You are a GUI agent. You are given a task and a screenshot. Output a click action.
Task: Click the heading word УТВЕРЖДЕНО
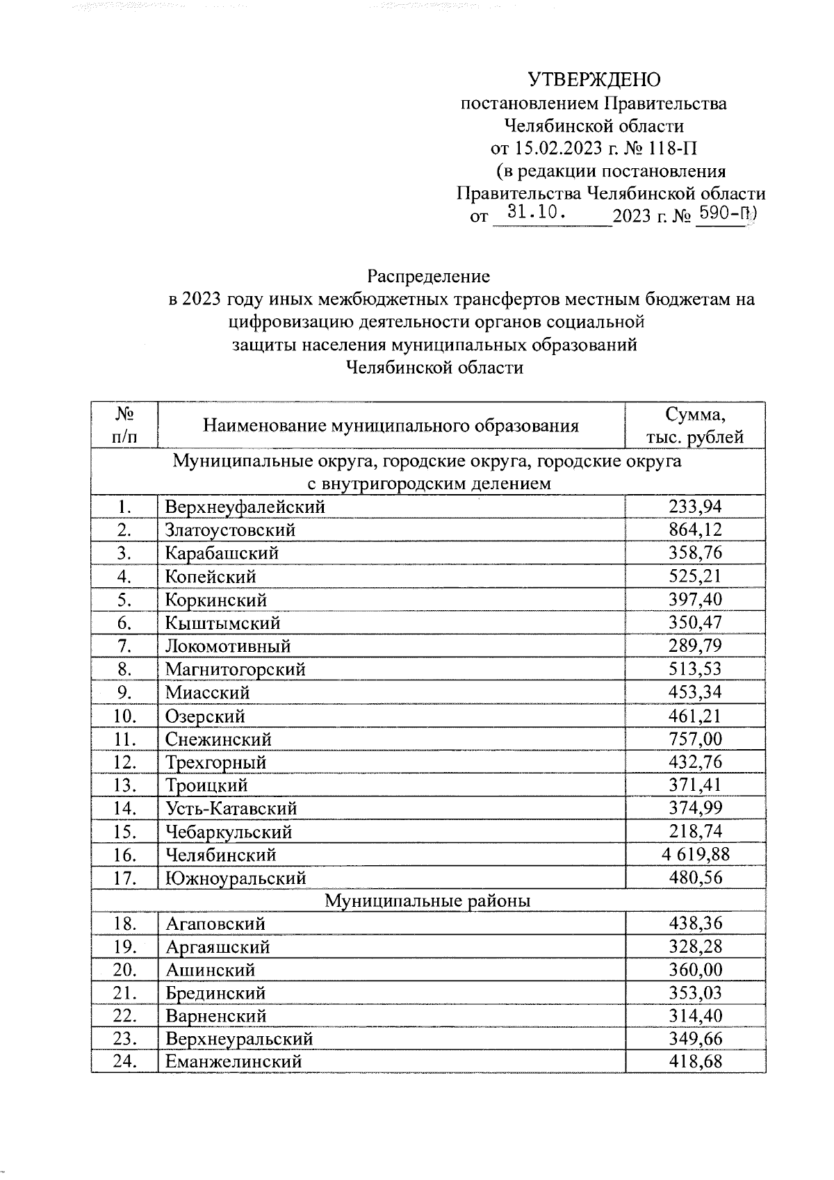click(594, 81)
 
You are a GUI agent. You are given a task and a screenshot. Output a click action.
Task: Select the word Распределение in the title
click(429, 277)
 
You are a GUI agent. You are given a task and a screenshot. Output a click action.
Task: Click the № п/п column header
click(124, 426)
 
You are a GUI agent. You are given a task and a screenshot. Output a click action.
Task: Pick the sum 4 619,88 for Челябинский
click(695, 854)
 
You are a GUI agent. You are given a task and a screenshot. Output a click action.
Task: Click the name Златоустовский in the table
click(230, 530)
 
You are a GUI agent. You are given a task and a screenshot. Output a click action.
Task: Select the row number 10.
click(124, 716)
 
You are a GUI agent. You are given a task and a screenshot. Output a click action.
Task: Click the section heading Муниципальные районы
click(428, 901)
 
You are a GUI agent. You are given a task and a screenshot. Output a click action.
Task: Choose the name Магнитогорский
click(235, 669)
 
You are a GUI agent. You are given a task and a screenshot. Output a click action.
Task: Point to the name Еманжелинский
click(233, 1062)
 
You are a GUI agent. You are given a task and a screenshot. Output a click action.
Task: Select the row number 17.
click(124, 878)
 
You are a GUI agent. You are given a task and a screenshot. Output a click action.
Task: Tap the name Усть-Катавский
click(231, 808)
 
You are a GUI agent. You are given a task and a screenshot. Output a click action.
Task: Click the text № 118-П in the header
click(660, 149)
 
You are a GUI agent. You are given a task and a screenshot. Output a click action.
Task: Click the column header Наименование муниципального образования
click(391, 426)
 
